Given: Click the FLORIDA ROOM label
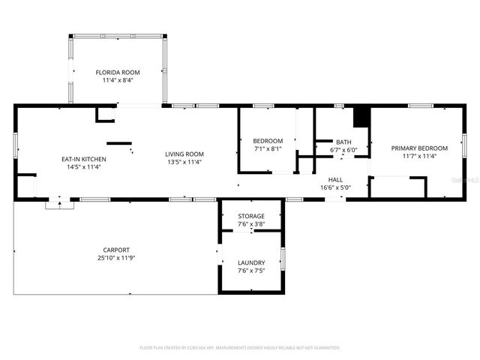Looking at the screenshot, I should [117, 73].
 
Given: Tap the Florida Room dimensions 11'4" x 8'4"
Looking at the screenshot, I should [117, 80].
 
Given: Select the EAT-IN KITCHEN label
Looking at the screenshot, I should [83, 159].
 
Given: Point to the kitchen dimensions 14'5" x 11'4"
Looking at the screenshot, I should [83, 166].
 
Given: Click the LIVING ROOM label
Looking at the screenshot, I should [184, 154].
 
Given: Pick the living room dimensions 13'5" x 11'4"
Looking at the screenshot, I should [184, 161].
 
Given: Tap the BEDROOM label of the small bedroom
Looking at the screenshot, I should [268, 141].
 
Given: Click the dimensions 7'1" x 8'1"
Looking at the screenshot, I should [268, 148].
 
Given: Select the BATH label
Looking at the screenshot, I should [343, 142].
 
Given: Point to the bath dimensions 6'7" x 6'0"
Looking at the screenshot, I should [343, 149].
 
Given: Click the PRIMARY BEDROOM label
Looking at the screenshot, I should [419, 148].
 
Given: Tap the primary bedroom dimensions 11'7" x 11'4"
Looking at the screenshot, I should [419, 156].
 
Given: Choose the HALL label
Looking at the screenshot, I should [335, 179].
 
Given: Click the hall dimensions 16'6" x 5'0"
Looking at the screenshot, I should [335, 187].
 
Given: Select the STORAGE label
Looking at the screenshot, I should [250, 216].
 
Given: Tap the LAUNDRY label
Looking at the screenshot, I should [250, 262].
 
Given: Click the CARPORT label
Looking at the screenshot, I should [116, 250].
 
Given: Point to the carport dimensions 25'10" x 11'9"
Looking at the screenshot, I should [116, 257].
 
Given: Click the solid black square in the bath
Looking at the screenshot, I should [361, 118].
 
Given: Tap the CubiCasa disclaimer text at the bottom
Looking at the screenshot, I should [240, 347].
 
